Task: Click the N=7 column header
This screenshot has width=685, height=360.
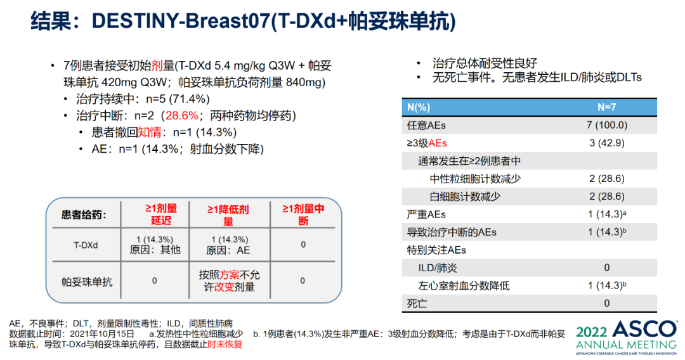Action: pyautogui.click(x=606, y=107)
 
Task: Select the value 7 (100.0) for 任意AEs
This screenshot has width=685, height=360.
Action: pyautogui.click(x=606, y=125)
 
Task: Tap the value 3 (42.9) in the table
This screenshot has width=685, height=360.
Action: pyautogui.click(x=606, y=143)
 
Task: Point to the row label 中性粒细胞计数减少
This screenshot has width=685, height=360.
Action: pyautogui.click(x=475, y=179)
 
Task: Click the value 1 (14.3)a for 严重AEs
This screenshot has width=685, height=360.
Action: pyautogui.click(x=607, y=214)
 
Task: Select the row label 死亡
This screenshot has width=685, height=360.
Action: pyautogui.click(x=417, y=304)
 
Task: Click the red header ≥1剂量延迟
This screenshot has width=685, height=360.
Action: pyautogui.click(x=160, y=214)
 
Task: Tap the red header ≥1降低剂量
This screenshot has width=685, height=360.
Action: pyautogui.click(x=228, y=215)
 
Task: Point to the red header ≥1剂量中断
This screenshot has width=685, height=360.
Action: pyautogui.click(x=303, y=214)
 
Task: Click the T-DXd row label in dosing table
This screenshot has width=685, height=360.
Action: pyautogui.click(x=86, y=245)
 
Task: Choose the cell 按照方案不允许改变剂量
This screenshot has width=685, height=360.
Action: pyautogui.click(x=228, y=281)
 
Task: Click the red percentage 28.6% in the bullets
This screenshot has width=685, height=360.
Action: pyautogui.click(x=181, y=116)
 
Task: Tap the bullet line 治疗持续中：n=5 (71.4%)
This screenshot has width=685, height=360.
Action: pyautogui.click(x=143, y=99)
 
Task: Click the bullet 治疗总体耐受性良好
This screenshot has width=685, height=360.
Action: pyautogui.click(x=485, y=63)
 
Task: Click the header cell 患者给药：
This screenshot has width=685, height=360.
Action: pyautogui.click(x=83, y=214)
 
